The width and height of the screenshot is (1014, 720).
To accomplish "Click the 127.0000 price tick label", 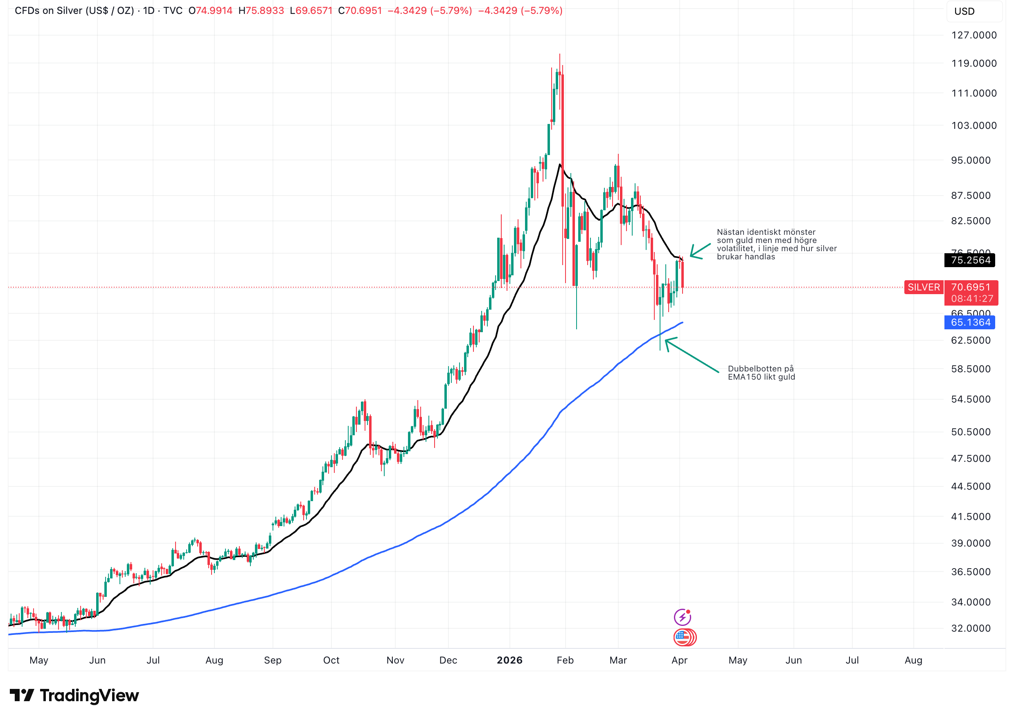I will (x=973, y=35).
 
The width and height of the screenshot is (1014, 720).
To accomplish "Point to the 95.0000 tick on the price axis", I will (x=970, y=160).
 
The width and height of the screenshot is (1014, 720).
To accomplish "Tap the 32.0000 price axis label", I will (x=970, y=628).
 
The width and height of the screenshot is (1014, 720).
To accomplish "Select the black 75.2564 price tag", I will (x=970, y=260).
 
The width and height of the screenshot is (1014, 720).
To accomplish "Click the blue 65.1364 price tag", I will (x=970, y=322).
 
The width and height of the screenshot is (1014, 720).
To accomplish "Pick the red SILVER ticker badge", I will (x=923, y=287).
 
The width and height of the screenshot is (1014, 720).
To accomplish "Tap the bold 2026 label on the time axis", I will (x=509, y=660).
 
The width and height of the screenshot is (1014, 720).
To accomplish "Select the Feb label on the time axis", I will (x=565, y=660).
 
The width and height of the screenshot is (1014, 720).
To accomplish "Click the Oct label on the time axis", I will (x=331, y=660).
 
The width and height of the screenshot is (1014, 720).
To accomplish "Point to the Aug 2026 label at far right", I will (x=913, y=660).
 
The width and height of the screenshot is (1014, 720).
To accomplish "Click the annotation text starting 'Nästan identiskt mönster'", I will (x=776, y=244).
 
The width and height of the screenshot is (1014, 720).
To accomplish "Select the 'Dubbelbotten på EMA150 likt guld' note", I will (x=761, y=373).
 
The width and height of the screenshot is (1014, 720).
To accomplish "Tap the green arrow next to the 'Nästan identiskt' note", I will (x=700, y=251).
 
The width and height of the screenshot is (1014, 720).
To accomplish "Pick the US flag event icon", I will (x=683, y=637).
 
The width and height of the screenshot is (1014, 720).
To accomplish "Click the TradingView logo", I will (x=74, y=695).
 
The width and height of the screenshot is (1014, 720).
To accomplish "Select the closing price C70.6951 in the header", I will (x=360, y=11).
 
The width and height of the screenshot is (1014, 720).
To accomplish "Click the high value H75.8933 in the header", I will (x=261, y=11).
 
